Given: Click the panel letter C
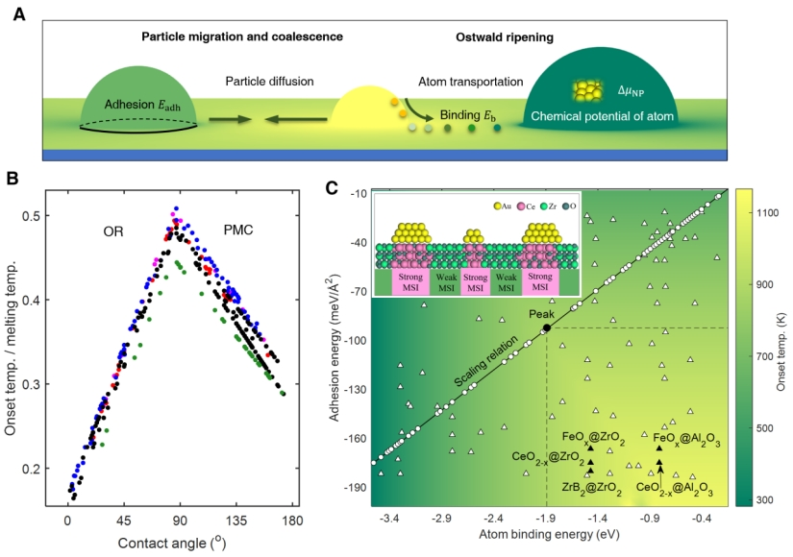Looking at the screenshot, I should click(x=332, y=186).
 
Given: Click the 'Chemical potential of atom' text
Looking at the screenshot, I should click(x=598, y=119).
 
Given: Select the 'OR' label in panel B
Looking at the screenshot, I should click(x=115, y=231).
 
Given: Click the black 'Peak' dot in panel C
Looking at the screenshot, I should click(x=546, y=328).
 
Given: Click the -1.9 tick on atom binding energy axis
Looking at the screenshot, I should click(x=546, y=518).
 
